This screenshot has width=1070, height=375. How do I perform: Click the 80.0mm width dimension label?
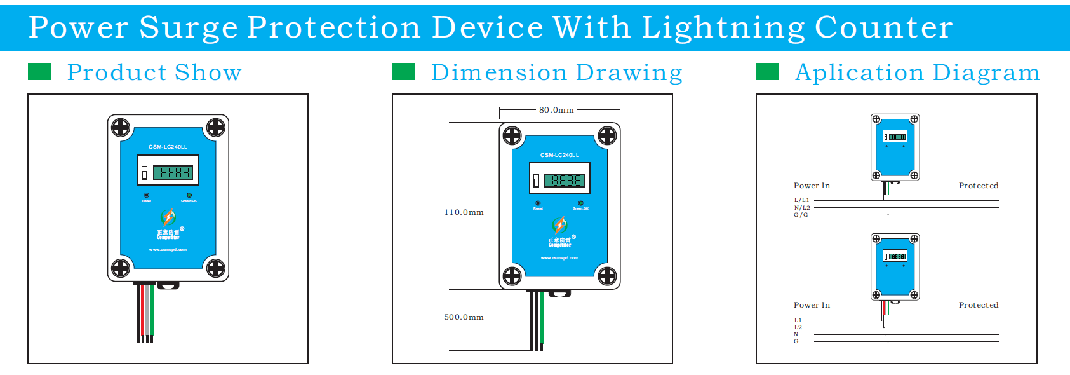(x=556, y=110)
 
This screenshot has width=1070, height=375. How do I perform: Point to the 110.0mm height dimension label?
(x=464, y=212)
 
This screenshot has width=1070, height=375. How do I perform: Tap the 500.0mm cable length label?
(x=464, y=317)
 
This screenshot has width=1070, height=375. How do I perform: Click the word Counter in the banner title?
(x=883, y=27)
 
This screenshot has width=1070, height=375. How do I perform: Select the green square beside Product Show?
(x=39, y=72)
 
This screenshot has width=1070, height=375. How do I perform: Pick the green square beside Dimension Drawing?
(x=403, y=72)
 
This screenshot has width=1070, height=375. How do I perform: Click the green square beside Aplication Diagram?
(x=767, y=72)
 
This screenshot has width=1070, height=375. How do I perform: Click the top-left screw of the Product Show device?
(x=121, y=128)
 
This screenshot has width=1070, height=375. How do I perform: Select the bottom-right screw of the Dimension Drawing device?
(x=607, y=276)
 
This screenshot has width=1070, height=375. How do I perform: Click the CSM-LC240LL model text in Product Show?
(x=168, y=147)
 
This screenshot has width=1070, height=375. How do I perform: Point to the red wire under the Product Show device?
(x=142, y=311)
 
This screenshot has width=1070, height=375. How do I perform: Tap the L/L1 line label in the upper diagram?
(x=802, y=200)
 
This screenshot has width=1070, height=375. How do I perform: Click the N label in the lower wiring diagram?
(x=796, y=334)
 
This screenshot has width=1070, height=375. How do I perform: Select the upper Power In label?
(x=812, y=186)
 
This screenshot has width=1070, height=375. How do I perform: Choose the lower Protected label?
(x=979, y=305)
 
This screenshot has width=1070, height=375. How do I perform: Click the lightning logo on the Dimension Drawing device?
(x=559, y=225)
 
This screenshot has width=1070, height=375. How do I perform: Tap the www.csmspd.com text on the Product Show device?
(x=168, y=250)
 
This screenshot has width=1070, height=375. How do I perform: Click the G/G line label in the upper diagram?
(x=801, y=215)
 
